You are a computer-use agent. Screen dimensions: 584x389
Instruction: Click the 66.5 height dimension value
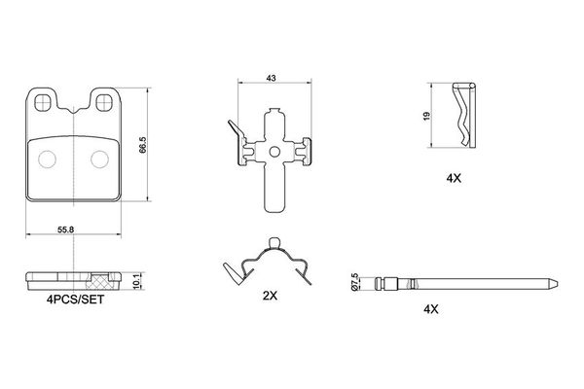[x=143, y=145]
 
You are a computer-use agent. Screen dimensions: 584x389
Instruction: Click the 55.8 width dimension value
[x=65, y=230]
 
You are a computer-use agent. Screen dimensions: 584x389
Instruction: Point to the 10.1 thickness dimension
[x=136, y=281]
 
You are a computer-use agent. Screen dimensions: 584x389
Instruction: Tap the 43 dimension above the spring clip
[x=272, y=78]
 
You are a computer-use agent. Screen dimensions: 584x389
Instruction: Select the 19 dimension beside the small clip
[x=427, y=116]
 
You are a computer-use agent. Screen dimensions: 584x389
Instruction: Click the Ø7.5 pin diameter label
[x=354, y=282]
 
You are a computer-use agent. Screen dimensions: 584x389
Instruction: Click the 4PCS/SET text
[x=75, y=300]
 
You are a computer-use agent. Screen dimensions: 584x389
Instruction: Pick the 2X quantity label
[x=270, y=296]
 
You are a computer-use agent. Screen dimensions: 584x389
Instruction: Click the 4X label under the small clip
[x=454, y=178]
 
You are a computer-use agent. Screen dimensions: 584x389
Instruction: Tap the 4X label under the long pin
[x=431, y=309]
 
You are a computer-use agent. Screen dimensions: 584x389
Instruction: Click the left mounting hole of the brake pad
[x=42, y=102]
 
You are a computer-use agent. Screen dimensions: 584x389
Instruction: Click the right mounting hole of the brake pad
[x=104, y=102]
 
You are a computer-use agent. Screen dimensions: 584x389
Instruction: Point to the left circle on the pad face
[x=48, y=159]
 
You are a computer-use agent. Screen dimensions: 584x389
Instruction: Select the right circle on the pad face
[x=100, y=159]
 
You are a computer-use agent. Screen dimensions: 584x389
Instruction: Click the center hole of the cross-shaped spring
[x=274, y=152]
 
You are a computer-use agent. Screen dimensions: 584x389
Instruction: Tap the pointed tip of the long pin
[x=558, y=284]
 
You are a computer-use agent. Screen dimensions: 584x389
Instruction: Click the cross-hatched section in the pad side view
[x=101, y=281]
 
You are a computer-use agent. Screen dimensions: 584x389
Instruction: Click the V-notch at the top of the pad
[x=74, y=110]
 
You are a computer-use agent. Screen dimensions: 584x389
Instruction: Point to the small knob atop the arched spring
[x=274, y=242]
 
